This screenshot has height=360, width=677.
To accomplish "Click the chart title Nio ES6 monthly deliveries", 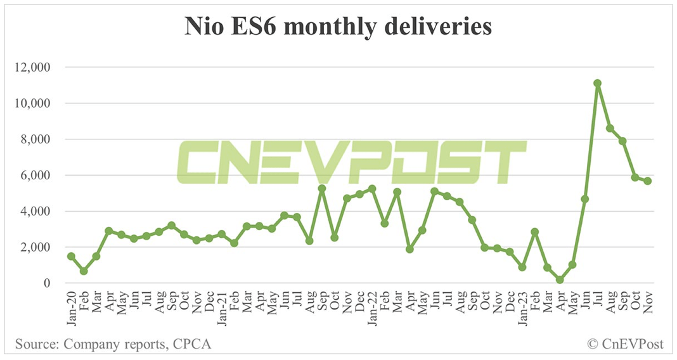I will pyautogui.click(x=338, y=27).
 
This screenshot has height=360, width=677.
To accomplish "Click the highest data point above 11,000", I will pyautogui.click(x=597, y=83).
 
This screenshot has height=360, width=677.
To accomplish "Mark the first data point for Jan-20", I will pyautogui.click(x=71, y=256).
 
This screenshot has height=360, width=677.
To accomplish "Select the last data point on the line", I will pyautogui.click(x=648, y=181).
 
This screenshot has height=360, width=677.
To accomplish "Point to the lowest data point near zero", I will pyautogui.click(x=560, y=280).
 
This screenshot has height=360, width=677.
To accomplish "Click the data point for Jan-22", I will pyautogui.click(x=372, y=189).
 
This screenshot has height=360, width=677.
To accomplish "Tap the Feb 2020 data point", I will pyautogui.click(x=84, y=271).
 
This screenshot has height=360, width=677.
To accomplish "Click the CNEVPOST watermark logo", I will pyautogui.click(x=351, y=163).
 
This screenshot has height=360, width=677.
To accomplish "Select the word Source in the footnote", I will pyautogui.click(x=34, y=345).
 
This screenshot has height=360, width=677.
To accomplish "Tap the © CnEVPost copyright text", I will pyautogui.click(x=624, y=345).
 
